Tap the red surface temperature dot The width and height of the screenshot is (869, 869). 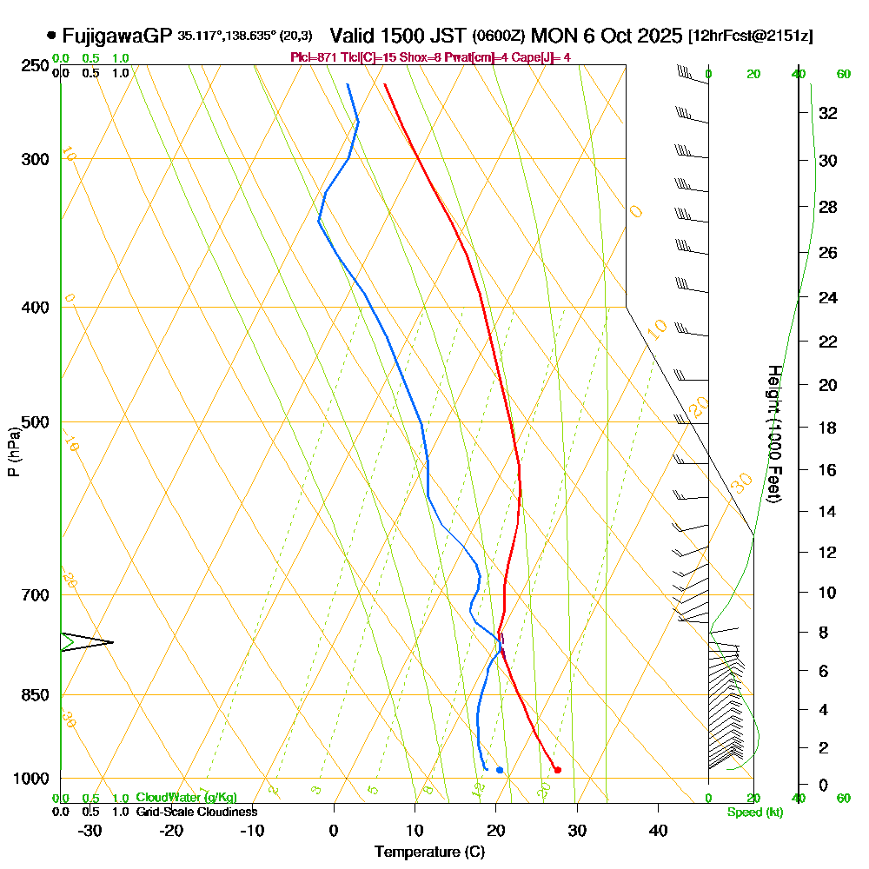[557, 769]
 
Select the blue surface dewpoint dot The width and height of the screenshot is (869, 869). [500, 770]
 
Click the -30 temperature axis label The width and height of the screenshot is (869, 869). [90, 830]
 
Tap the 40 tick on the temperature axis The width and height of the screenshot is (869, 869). [658, 830]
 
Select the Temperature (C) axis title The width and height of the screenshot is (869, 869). [429, 852]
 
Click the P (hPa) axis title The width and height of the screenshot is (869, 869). [13, 452]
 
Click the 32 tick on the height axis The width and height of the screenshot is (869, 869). [828, 112]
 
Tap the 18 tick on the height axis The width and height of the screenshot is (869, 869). [828, 428]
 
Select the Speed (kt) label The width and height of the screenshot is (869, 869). [754, 812]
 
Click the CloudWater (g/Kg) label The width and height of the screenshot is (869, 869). [186, 798]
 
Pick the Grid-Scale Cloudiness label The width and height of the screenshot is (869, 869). [196, 812]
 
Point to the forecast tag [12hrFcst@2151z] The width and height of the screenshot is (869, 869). [750, 36]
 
